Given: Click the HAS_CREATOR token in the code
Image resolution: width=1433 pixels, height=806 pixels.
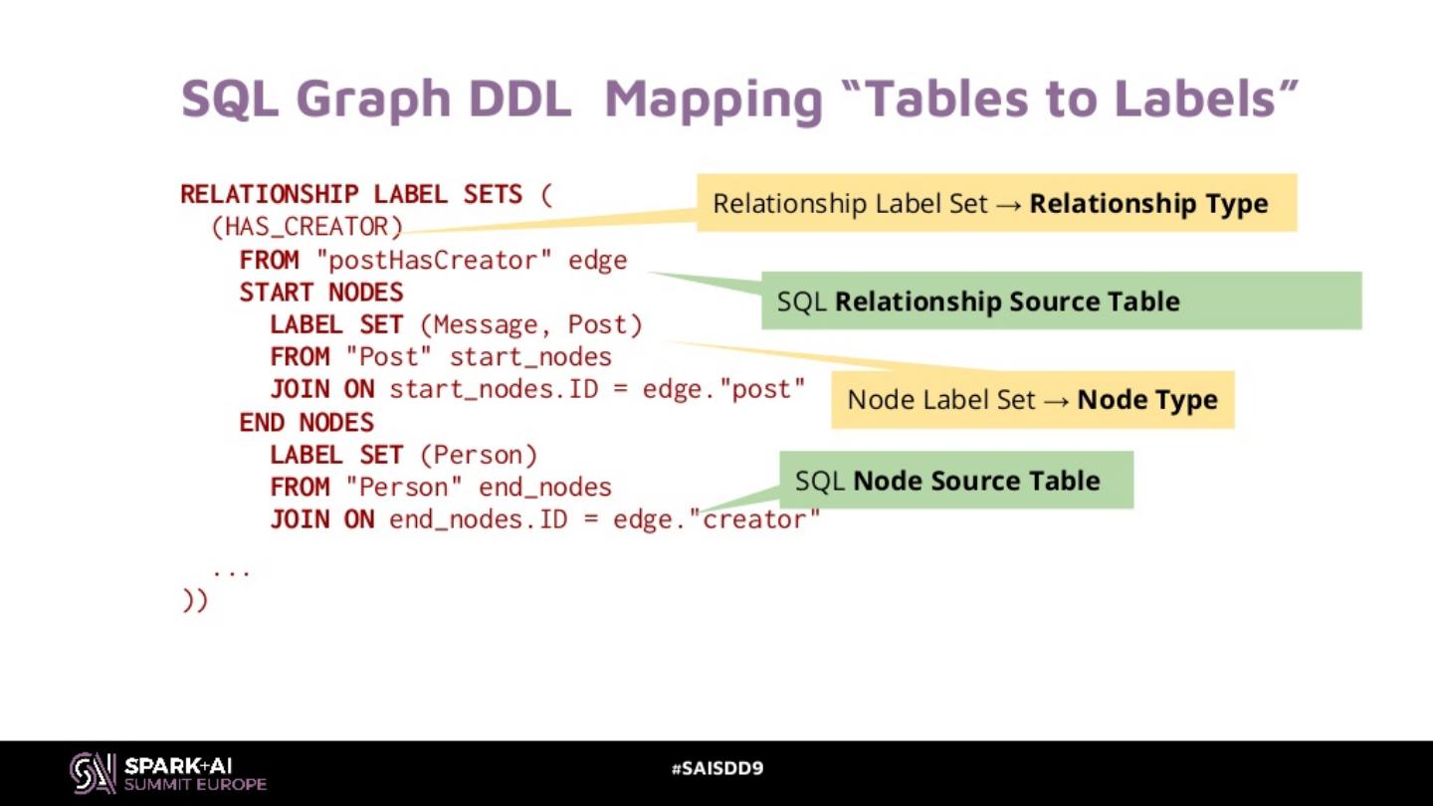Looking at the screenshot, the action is click(307, 227).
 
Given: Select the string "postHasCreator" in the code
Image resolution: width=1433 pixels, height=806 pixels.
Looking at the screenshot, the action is click(434, 261).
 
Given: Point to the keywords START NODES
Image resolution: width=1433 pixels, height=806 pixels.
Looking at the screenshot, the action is click(321, 293).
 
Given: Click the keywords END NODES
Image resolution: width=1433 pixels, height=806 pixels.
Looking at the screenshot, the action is click(307, 423).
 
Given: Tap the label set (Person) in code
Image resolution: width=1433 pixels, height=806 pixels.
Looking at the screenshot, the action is click(478, 456).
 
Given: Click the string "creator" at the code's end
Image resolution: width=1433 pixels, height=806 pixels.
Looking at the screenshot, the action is click(760, 519).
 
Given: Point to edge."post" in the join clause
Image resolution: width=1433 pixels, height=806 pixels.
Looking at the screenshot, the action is click(723, 389).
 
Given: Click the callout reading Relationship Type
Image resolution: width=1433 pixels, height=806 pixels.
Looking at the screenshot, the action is click(996, 204).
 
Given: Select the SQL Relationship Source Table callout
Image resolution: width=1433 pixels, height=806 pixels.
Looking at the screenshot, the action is click(1061, 302).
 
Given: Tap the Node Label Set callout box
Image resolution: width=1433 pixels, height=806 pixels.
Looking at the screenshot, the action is click(1032, 400).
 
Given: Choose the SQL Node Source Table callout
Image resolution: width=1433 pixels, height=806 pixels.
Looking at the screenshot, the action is click(955, 481).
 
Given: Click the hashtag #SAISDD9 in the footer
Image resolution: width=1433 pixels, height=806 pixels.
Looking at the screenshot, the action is click(716, 768).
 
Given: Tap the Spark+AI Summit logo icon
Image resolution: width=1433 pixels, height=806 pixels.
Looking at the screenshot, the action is click(93, 772).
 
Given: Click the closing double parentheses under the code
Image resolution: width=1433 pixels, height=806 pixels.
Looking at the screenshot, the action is click(195, 601).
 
